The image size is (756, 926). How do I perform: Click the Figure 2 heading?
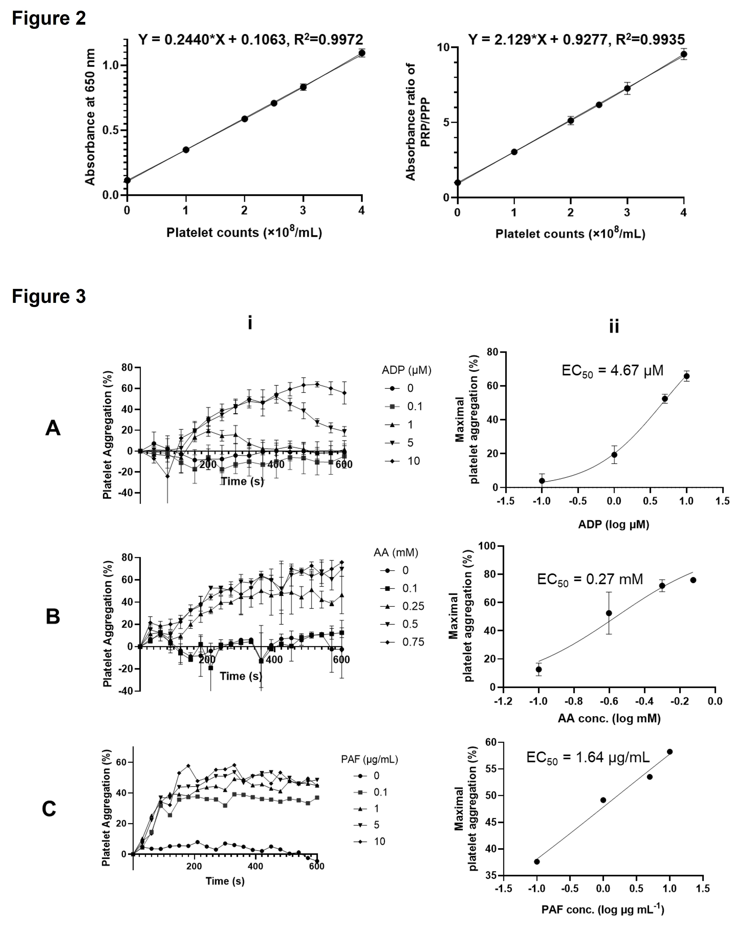[x=49, y=19]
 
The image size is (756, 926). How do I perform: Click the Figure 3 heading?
[x=49, y=297]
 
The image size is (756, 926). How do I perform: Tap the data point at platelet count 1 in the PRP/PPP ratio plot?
[x=514, y=152]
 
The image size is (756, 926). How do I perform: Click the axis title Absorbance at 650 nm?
[x=90, y=117]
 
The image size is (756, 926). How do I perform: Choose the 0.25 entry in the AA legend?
[x=413, y=606]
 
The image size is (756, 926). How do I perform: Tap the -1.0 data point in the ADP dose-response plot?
[x=542, y=481]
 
